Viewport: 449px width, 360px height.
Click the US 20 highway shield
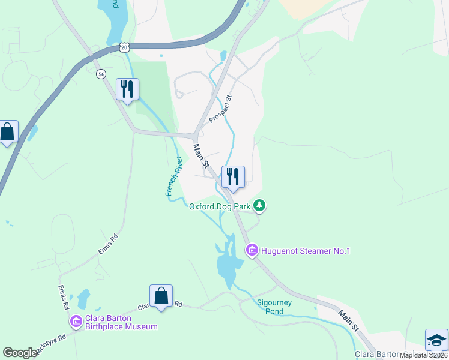click(x=124, y=47)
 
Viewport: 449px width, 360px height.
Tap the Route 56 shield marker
click(x=101, y=74)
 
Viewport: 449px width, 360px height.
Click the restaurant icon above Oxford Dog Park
click(x=233, y=177)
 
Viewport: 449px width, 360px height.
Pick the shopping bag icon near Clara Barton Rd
click(x=161, y=296)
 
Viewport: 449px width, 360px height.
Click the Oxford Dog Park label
click(x=218, y=206)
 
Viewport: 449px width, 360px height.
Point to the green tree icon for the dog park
click(x=259, y=206)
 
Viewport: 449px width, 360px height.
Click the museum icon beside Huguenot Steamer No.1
click(x=252, y=250)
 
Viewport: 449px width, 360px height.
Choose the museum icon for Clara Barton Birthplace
click(x=76, y=322)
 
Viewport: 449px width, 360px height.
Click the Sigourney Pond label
click(x=274, y=307)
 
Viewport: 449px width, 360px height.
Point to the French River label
click(x=173, y=176)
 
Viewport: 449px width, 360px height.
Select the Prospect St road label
click(x=220, y=109)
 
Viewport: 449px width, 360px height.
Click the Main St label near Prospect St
click(x=201, y=155)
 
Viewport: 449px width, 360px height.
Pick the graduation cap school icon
click(x=436, y=340)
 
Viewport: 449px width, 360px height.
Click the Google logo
click(x=20, y=353)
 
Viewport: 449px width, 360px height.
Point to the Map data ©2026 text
click(x=423, y=355)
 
